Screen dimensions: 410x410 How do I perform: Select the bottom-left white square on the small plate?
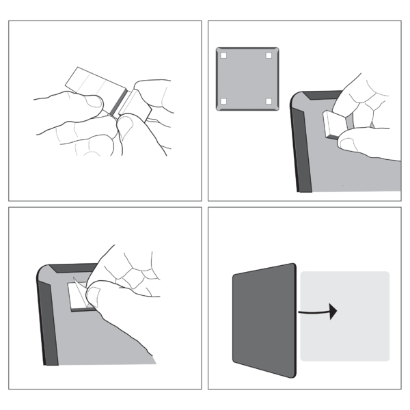(x=223, y=102)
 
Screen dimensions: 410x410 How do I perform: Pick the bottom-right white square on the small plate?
(x=269, y=102)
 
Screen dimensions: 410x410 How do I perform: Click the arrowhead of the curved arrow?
(x=333, y=312)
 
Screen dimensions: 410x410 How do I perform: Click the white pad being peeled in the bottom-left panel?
(x=81, y=295)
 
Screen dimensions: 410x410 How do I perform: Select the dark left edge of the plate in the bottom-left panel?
(x=44, y=321)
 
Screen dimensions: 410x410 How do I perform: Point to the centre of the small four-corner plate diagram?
(x=246, y=79)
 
